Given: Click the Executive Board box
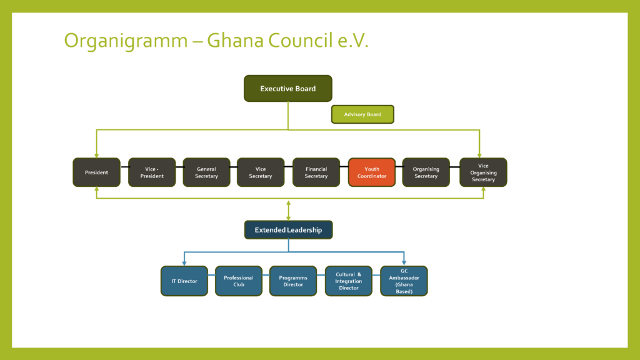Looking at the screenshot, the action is pos(287,88).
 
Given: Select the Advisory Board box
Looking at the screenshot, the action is pos(362,114).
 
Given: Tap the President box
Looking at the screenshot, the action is pos(96,172).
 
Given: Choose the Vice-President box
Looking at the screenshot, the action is pos(152,172).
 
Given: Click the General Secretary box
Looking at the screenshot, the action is pos(206,172).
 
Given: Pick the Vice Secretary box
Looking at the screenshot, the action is pos(261,172).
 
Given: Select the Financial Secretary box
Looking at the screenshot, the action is pos(316,172).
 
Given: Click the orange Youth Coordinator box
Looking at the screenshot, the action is pos(372,172).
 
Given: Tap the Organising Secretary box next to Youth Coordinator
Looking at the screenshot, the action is pos(426,172).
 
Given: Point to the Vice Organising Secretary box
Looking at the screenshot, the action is pos(483,172).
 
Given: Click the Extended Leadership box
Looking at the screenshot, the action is pos(288,230).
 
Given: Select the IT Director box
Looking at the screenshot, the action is pos(184,281).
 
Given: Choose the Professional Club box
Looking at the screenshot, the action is pos(239,281).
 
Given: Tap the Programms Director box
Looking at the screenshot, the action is pos(293,281).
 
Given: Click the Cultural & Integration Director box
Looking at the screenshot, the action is pos(349,281).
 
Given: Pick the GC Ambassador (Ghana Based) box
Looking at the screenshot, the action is pos(404,281).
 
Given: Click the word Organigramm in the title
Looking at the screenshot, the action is pos(126,41).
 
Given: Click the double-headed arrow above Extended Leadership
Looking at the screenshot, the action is pos(289,211).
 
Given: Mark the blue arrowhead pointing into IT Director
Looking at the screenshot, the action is pos(184,263).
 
